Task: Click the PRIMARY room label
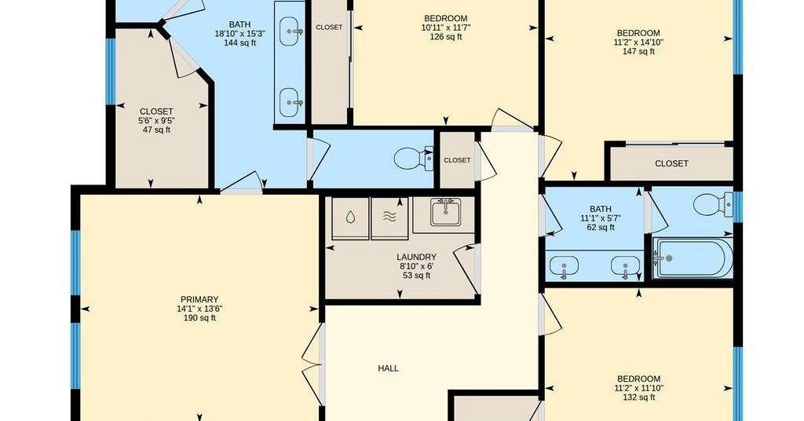[x=199, y=299]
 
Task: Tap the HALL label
[x=388, y=368]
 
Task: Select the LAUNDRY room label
[x=416, y=257]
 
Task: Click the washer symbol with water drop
[x=350, y=218]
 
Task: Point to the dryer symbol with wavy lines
[x=389, y=218]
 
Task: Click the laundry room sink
[x=444, y=211]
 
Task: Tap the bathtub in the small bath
[x=693, y=258]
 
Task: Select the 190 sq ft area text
[x=199, y=318]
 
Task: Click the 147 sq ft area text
[x=638, y=51]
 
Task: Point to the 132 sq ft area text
[x=638, y=397]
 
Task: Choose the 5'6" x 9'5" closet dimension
[x=156, y=120]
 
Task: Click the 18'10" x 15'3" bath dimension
[x=239, y=33]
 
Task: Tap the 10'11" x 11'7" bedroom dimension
[x=446, y=27]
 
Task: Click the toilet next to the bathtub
[x=713, y=204]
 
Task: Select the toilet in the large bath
[x=413, y=158]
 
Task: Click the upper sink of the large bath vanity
[x=291, y=31]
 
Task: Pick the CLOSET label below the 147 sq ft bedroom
[x=671, y=163]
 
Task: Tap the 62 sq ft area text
[x=601, y=227]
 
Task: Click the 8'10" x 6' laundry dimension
[x=416, y=266]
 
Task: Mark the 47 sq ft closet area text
[x=156, y=130]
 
